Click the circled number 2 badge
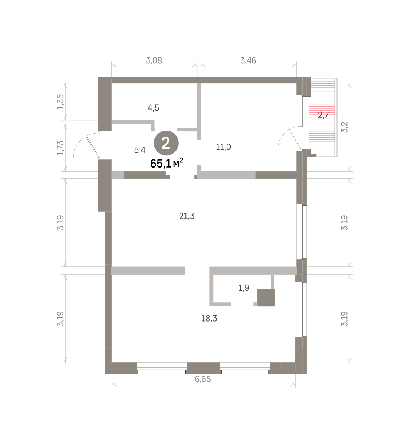(x=166, y=143)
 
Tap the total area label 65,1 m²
(x=167, y=163)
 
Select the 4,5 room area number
(x=154, y=108)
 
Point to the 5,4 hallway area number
(x=140, y=150)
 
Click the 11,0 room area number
(x=223, y=147)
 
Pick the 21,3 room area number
(x=187, y=216)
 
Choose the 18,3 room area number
(x=209, y=319)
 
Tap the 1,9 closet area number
(x=244, y=288)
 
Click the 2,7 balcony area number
(x=323, y=115)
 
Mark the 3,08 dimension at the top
(x=154, y=60)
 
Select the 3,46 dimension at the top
(x=248, y=60)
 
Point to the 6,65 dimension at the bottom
(x=203, y=379)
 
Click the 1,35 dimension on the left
(x=60, y=102)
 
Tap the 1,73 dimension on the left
(x=60, y=148)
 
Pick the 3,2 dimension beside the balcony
(x=344, y=128)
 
